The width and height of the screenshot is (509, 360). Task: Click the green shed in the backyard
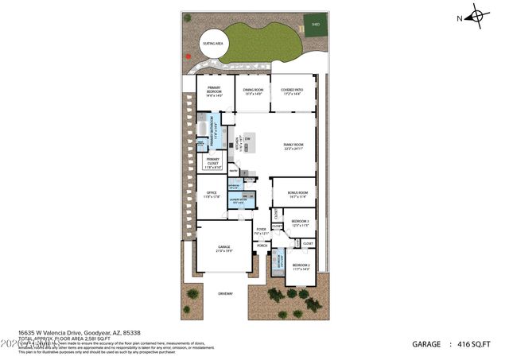tap(316, 22)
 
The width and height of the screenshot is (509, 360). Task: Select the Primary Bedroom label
tap(215, 91)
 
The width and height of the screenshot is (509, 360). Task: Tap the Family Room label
tap(294, 146)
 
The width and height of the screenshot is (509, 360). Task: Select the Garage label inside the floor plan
tap(224, 248)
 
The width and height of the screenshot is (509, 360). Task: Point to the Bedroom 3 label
tap(300, 223)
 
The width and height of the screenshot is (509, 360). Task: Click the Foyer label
tap(261, 230)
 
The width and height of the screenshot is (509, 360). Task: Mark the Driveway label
tap(226, 294)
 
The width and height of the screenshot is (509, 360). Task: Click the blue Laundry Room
tap(241, 201)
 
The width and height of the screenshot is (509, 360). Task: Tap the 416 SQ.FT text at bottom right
tap(476, 345)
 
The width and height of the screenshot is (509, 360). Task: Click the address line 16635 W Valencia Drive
tap(80, 333)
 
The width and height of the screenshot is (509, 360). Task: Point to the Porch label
tap(262, 246)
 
